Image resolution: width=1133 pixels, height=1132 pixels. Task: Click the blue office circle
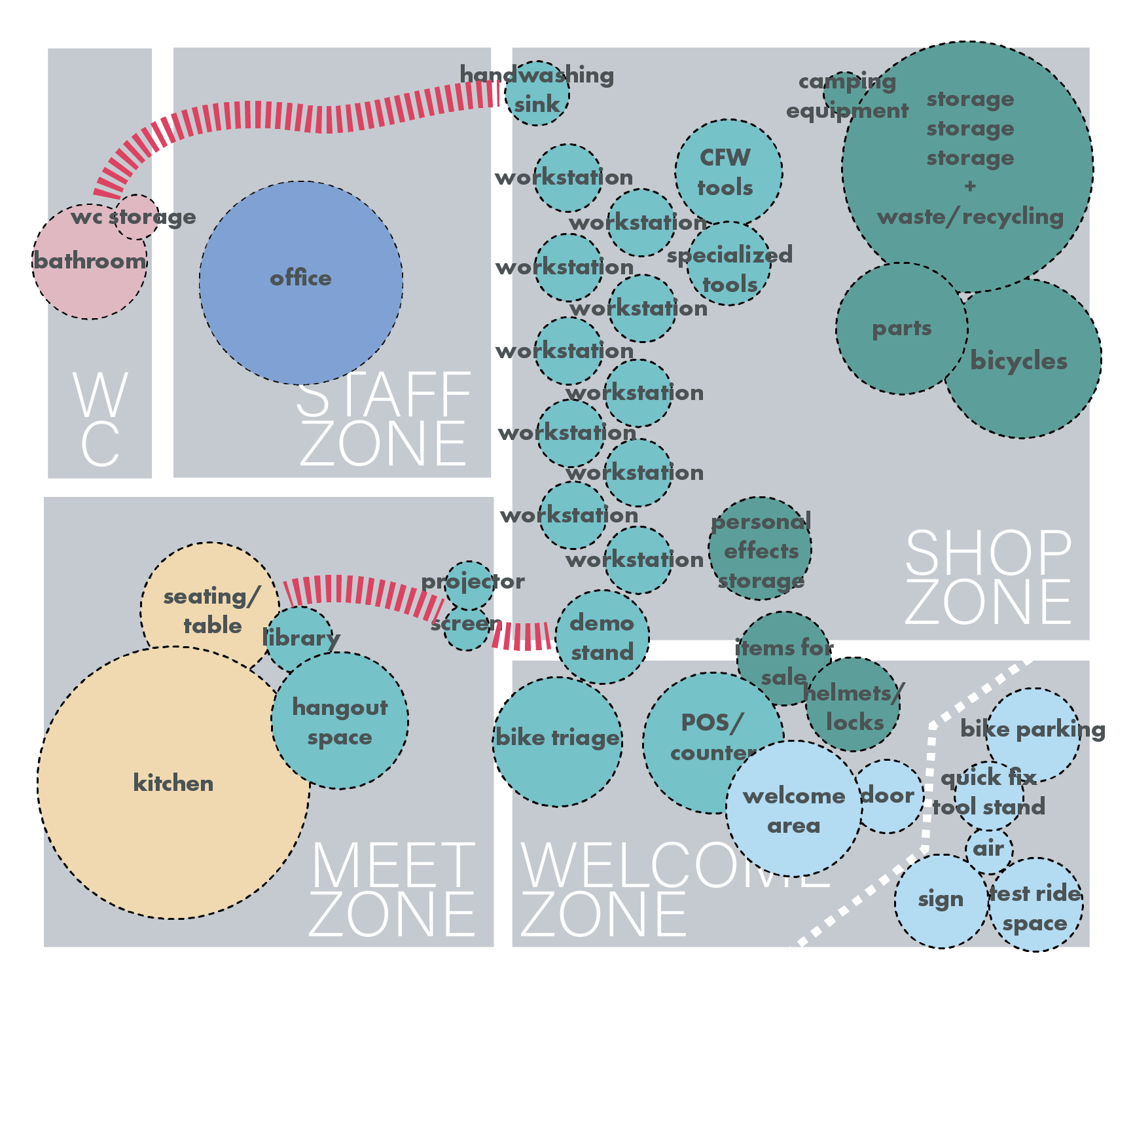300,283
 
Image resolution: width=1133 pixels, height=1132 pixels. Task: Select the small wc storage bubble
137,217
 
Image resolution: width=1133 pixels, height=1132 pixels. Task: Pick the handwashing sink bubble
537,92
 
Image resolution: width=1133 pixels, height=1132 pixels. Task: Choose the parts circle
901,329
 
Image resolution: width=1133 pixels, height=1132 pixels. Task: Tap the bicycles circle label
1019,361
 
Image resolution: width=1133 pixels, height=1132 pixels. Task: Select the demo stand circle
602,637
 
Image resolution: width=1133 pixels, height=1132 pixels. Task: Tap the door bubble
888,796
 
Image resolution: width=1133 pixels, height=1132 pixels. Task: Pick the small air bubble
989,850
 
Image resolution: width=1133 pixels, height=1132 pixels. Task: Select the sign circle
941,901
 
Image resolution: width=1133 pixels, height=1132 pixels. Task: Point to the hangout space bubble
340,721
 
